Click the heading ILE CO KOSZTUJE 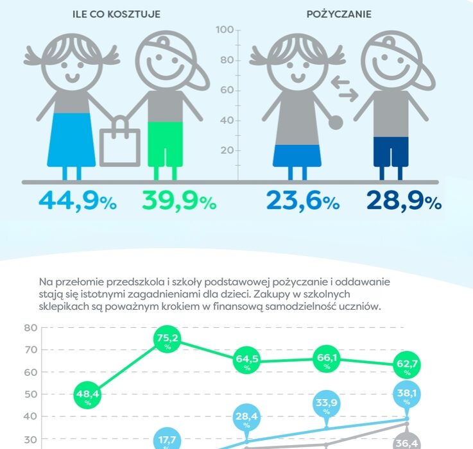pyautogui.click(x=117, y=13)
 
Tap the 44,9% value pyautogui.click(x=78, y=201)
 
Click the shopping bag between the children pyautogui.click(x=120, y=142)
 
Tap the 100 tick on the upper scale pyautogui.click(x=224, y=30)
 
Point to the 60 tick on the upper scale pyautogui.click(x=226, y=90)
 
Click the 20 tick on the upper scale pyautogui.click(x=226, y=151)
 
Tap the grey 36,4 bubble pyautogui.click(x=406, y=442)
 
